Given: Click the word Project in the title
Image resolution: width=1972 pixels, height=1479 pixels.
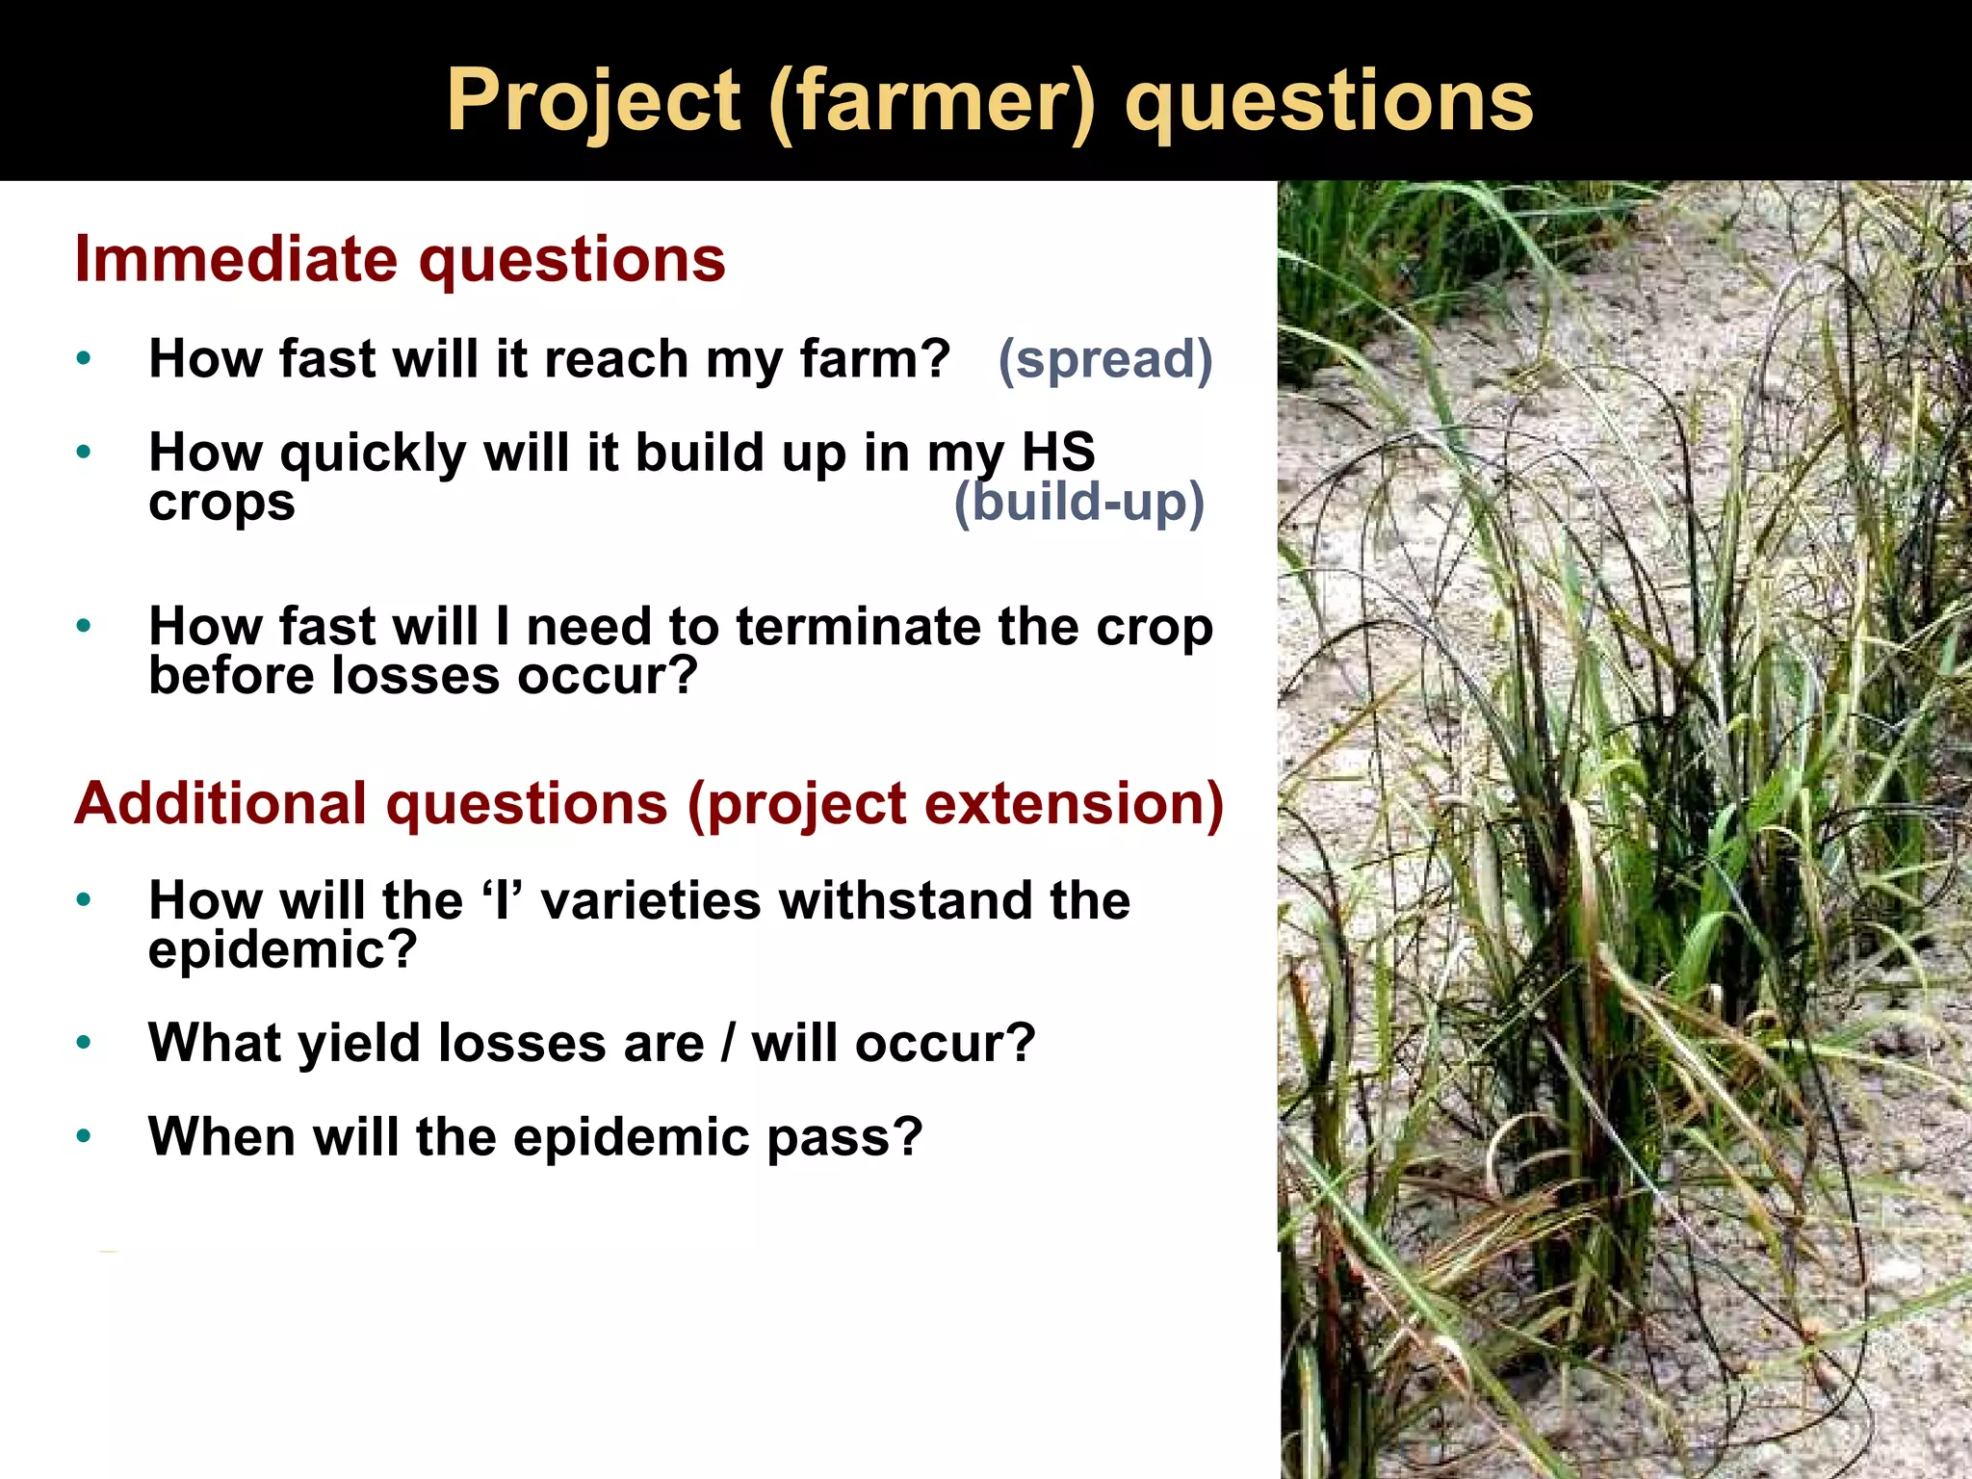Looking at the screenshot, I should [593, 101].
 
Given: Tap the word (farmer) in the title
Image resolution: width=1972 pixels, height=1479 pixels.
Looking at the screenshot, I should [932, 101].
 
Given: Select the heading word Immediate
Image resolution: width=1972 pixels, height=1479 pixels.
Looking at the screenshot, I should [236, 259].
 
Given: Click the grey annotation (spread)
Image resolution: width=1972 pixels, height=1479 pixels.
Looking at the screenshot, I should [1104, 359].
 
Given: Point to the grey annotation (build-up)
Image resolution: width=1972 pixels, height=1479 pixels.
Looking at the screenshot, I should [1078, 503].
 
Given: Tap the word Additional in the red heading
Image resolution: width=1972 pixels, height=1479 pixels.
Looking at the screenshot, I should [221, 803].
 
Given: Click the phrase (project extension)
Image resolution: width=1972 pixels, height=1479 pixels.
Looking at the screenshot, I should [955, 803].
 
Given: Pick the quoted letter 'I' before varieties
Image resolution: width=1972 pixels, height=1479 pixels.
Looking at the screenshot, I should [501, 900].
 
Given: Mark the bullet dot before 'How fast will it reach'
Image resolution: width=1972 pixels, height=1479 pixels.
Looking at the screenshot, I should [84, 359].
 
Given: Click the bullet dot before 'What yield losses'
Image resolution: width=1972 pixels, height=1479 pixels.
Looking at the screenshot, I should [84, 1043].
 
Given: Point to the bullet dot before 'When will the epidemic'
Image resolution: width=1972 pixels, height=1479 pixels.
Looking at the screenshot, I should [84, 1137].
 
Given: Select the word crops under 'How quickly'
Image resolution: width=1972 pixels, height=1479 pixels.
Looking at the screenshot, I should [221, 503].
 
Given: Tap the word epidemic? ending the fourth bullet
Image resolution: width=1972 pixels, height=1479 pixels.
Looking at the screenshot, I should [282, 950].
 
